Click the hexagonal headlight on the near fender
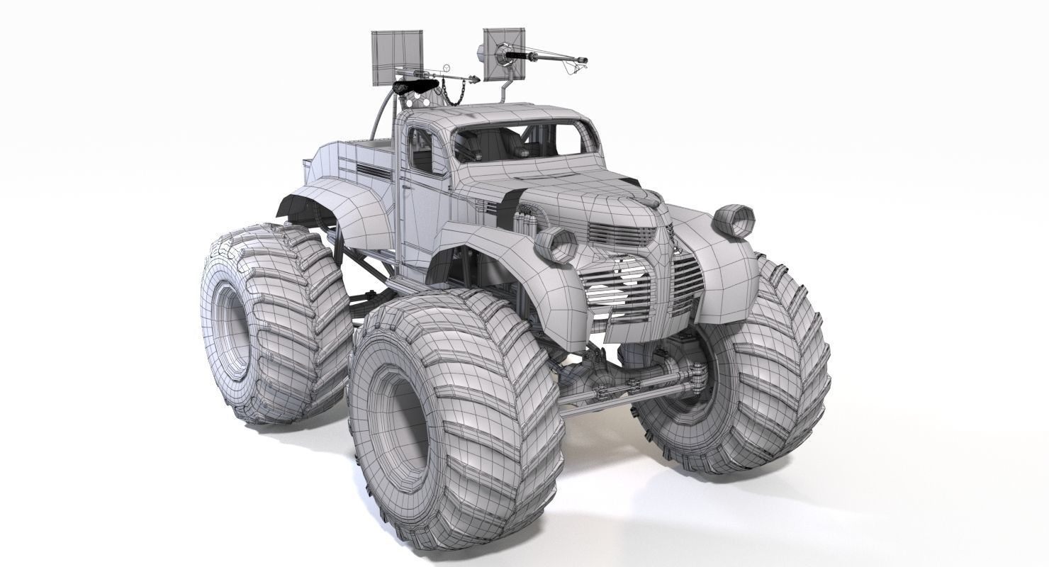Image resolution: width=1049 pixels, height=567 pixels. click(x=555, y=245)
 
